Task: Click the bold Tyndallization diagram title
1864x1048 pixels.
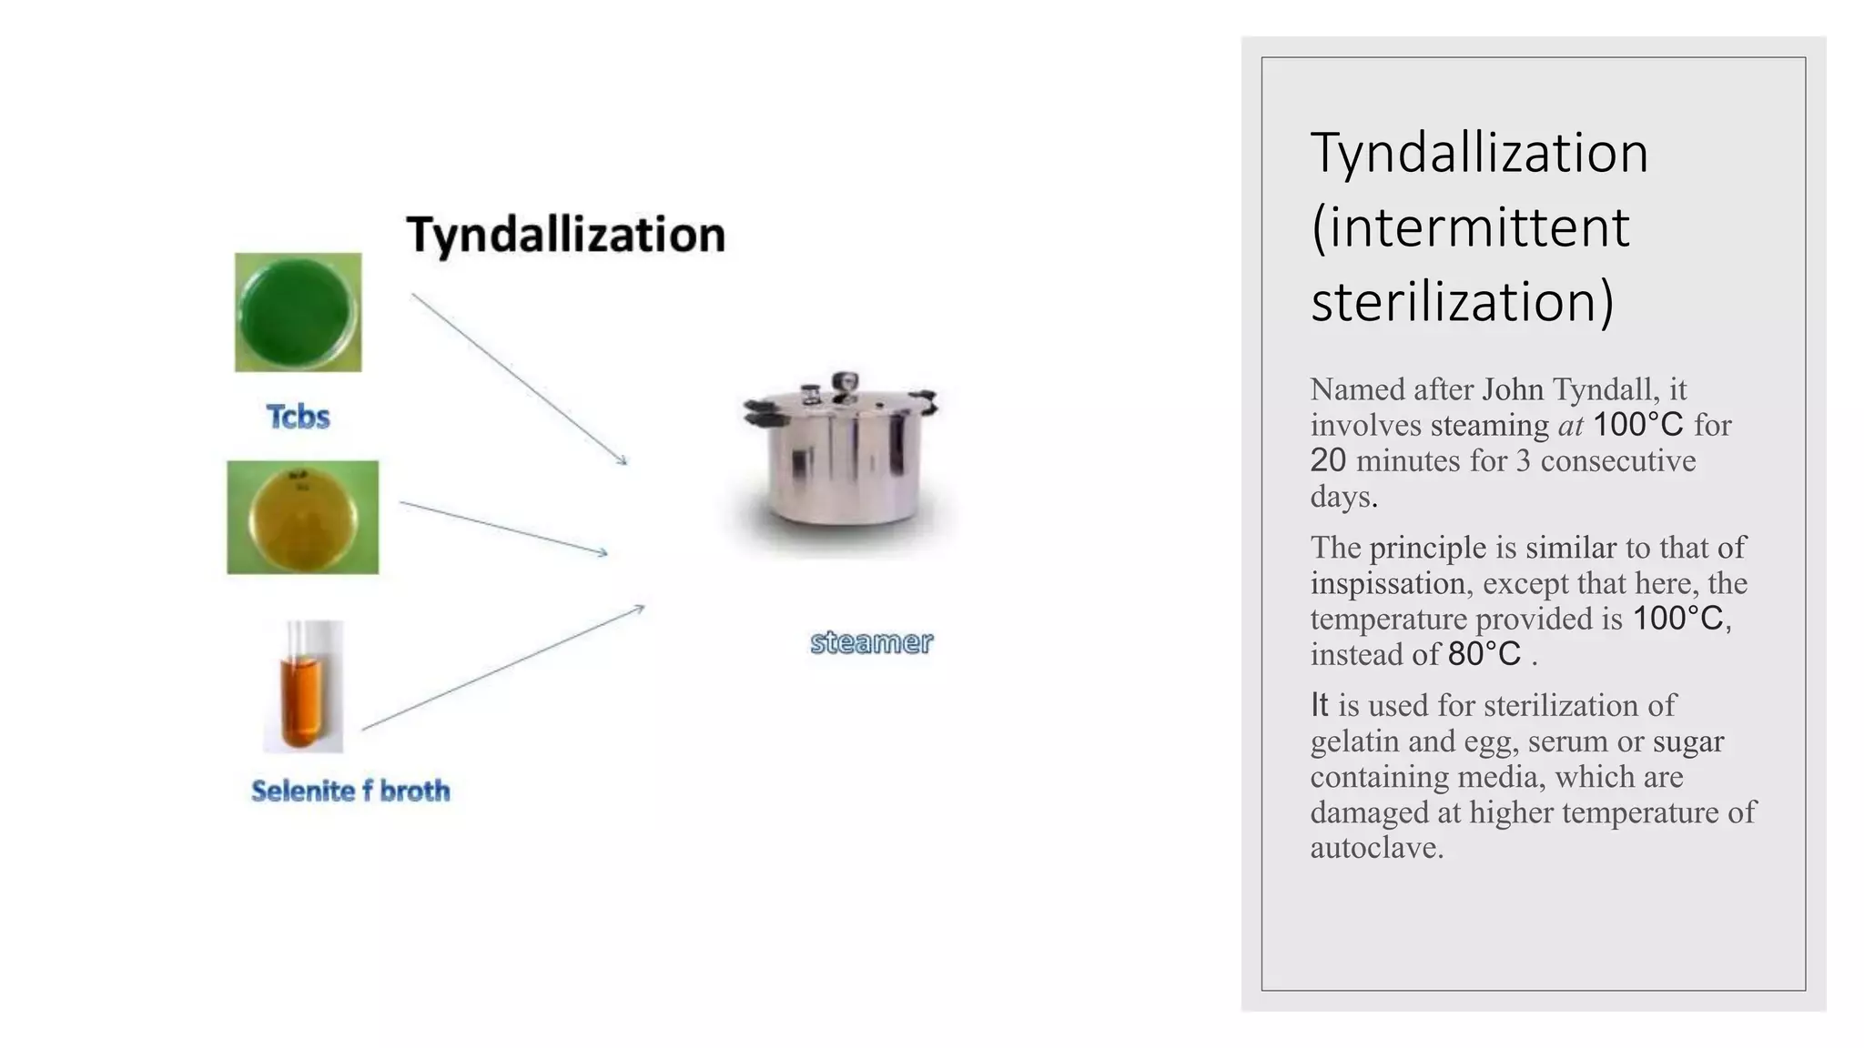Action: click(x=565, y=235)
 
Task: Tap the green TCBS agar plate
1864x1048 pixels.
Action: click(x=298, y=312)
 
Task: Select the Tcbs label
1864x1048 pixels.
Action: click(x=298, y=417)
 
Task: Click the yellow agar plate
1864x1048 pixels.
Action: click(x=302, y=517)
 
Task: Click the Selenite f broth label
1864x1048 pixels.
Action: click(x=350, y=791)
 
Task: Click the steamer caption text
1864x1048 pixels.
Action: click(x=871, y=642)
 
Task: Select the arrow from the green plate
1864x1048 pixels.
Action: click(x=519, y=378)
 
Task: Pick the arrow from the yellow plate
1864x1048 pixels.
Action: click(x=503, y=528)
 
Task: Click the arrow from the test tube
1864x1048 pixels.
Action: click(x=502, y=668)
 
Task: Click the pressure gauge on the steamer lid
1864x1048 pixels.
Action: click(x=846, y=382)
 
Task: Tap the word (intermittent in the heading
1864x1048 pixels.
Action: click(x=1470, y=227)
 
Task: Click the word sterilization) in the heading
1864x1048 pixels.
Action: click(x=1462, y=302)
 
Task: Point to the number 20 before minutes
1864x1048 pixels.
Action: click(x=1328, y=460)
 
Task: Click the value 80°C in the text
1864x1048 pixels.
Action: click(x=1484, y=654)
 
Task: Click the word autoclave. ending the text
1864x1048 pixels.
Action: click(x=1377, y=848)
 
